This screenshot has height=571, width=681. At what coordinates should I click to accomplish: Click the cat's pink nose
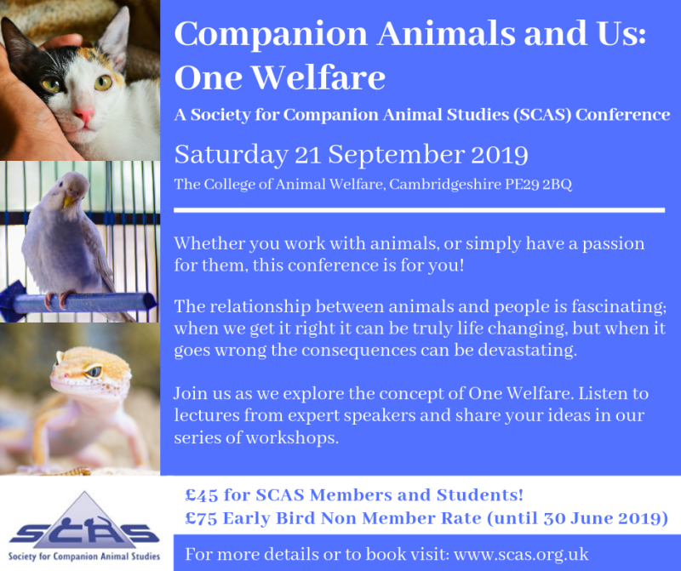click(83, 115)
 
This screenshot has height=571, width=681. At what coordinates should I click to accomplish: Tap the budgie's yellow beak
click(69, 200)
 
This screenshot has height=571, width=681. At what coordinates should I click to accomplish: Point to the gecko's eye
click(93, 371)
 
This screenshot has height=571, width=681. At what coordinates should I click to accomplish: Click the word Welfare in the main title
click(318, 77)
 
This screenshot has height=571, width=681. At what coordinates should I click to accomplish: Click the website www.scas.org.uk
click(521, 555)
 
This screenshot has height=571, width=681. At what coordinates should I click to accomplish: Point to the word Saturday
click(232, 156)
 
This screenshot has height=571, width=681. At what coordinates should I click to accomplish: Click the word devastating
click(527, 350)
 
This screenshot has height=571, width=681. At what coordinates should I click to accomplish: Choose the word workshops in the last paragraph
click(292, 437)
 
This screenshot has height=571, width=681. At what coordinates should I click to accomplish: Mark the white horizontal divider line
click(419, 210)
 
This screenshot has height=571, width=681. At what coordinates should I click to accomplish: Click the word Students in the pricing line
click(479, 495)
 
